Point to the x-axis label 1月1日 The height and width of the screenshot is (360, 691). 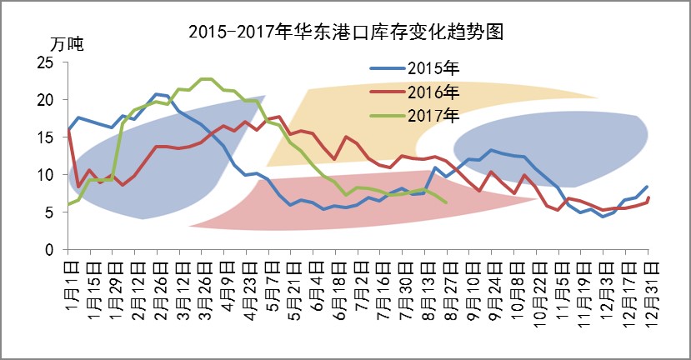73,286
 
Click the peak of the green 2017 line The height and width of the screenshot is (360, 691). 205,79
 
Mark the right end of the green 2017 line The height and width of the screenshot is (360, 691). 447,202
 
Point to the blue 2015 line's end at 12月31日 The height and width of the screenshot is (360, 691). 647,187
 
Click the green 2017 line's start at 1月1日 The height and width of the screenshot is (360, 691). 68,204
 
